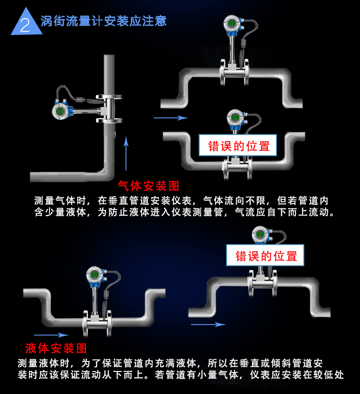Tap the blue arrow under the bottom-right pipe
click(208, 324)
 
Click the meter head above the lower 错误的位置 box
click(259, 235)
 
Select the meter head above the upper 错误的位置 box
click(234, 118)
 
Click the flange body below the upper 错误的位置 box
click(235, 168)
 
